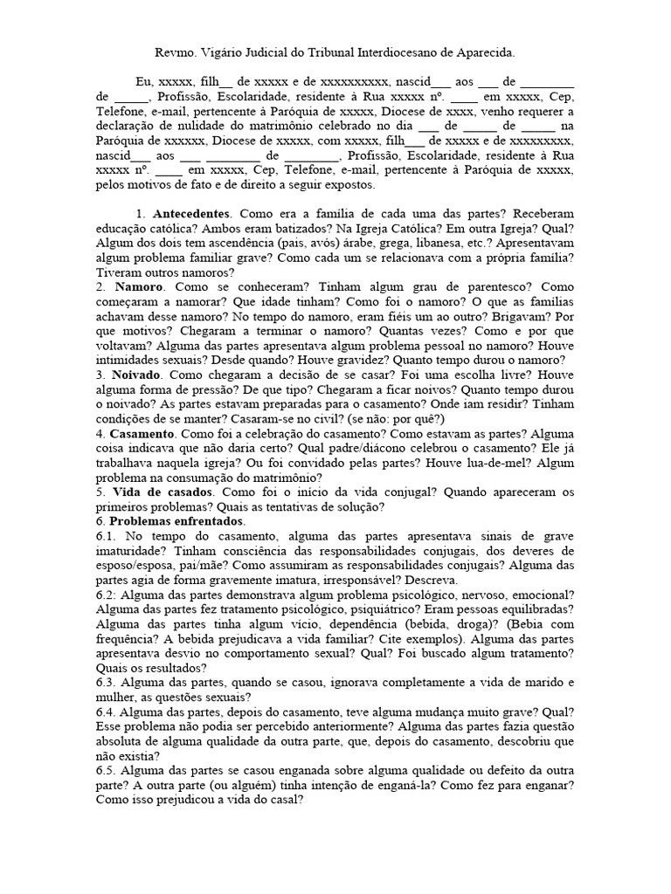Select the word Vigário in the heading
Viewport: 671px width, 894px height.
(230, 52)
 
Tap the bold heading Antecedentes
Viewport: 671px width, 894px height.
(191, 214)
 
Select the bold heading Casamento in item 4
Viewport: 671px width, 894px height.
(143, 434)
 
